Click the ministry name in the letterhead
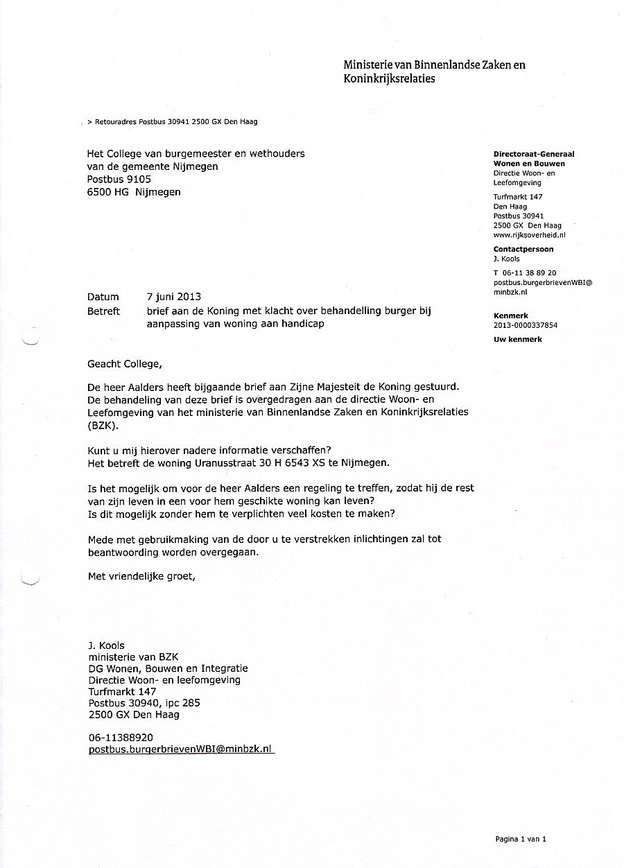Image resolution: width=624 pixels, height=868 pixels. tap(434, 71)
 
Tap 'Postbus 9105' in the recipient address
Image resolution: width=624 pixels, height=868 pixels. tap(119, 179)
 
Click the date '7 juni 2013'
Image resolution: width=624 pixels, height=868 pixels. tap(173, 297)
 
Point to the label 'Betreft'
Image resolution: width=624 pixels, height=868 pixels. tap(103, 311)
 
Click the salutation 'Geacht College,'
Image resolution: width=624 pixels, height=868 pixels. tap(123, 363)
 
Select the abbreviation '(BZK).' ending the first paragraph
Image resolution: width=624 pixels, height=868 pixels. tap(103, 426)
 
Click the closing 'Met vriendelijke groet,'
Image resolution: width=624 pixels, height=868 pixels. tap(141, 575)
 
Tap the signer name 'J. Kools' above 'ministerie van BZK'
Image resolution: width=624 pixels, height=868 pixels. tap(106, 645)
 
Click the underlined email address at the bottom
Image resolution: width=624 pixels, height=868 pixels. tap(181, 749)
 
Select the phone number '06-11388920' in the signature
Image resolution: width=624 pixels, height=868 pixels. tap(121, 738)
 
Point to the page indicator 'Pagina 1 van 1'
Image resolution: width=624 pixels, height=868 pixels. tap(521, 839)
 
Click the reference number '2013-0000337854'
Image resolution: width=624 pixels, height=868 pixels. tap(526, 324)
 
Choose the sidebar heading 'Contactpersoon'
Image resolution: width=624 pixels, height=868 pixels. tap(523, 249)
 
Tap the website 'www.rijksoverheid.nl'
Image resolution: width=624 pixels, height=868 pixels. tap(530, 235)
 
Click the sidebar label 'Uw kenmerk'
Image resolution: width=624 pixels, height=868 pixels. tap(518, 339)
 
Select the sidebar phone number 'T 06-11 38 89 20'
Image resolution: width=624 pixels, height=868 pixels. tap(525, 273)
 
